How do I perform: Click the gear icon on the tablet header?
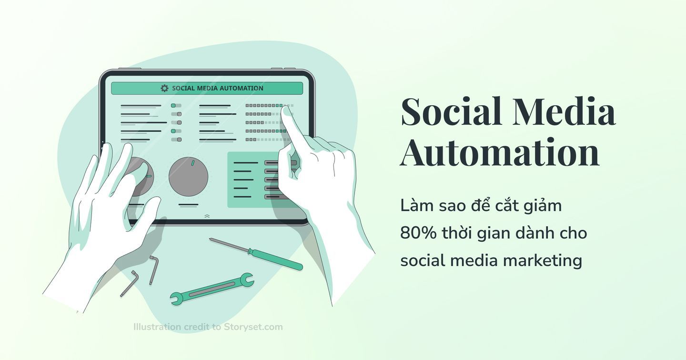click(x=164, y=88)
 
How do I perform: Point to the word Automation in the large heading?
click(x=500, y=152)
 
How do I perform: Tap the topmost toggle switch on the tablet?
click(x=176, y=106)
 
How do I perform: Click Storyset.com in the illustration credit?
click(x=253, y=327)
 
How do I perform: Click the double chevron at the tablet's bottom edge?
click(x=207, y=216)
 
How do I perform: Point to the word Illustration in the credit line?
click(x=157, y=327)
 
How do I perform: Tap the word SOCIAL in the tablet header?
click(x=183, y=88)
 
